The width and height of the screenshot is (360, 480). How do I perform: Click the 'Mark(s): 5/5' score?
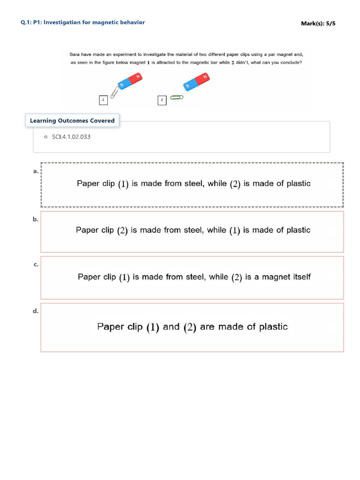[318, 23]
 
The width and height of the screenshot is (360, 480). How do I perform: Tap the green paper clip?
[176, 97]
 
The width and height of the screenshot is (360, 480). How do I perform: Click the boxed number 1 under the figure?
[103, 100]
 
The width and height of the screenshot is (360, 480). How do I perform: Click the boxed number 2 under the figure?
[162, 100]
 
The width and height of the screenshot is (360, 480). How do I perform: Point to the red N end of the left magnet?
[136, 78]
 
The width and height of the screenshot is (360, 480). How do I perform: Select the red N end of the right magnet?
[203, 78]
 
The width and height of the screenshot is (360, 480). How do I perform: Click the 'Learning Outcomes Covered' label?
[72, 120]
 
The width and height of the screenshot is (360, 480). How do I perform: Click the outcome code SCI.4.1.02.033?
[71, 137]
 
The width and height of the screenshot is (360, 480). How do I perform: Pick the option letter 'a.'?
[36, 172]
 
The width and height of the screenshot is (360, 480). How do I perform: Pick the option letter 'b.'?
[36, 219]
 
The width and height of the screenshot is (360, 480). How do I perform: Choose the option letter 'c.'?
[36, 264]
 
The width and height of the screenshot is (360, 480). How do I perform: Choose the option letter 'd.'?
[36, 311]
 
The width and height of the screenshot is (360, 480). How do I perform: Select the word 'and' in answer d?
[171, 327]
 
